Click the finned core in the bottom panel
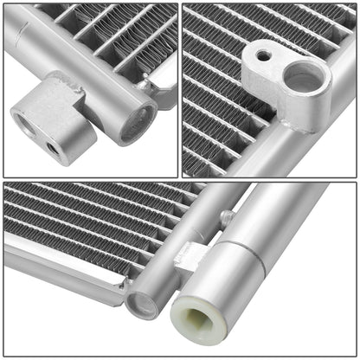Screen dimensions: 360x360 87,216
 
